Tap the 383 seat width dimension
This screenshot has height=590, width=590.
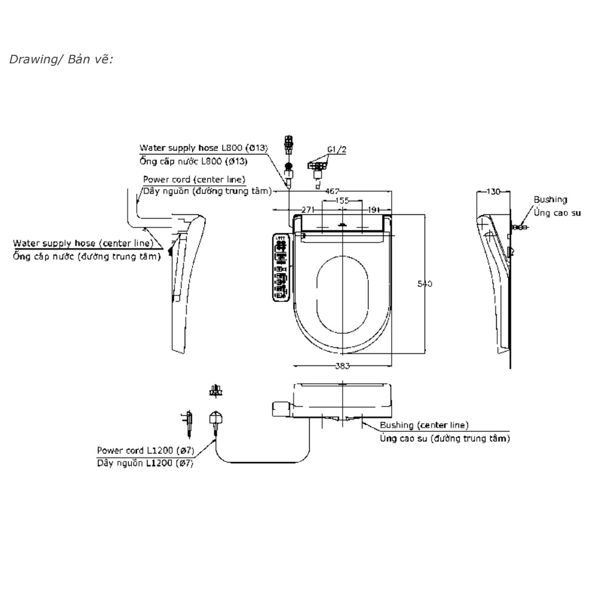coord(342,366)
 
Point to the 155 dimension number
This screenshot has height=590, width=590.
coord(342,201)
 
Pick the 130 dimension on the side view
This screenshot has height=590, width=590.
coord(493,191)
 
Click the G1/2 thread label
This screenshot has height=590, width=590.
coord(336,150)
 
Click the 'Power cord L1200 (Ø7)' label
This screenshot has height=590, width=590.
coord(145,450)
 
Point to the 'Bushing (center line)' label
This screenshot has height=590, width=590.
coord(424,425)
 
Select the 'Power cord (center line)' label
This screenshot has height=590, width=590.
coord(194,179)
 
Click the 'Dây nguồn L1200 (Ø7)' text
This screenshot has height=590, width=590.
coord(145,463)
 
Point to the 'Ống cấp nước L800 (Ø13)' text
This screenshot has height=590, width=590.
coord(194,160)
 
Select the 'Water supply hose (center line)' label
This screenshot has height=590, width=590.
coord(83,242)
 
